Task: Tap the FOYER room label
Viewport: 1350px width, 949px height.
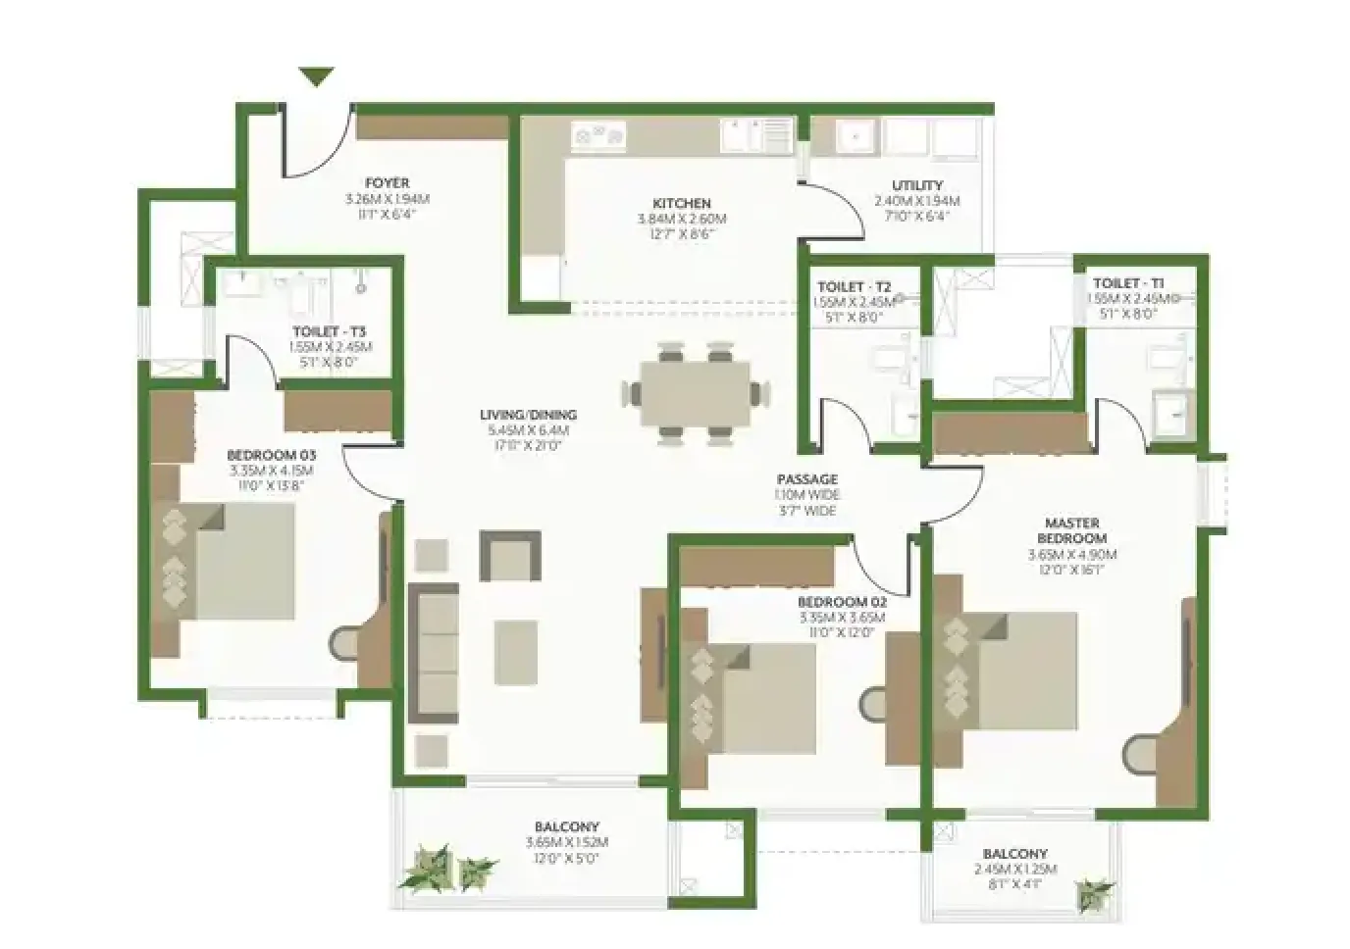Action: click(x=387, y=183)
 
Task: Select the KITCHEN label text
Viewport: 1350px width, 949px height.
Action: click(x=681, y=204)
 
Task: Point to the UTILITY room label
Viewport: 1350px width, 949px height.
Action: click(x=917, y=185)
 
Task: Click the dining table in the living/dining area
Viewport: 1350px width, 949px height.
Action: click(x=695, y=393)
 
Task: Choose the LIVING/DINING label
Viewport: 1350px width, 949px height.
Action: click(x=528, y=415)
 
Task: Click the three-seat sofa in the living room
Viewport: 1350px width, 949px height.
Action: click(x=433, y=654)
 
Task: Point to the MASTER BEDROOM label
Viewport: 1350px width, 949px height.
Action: click(x=1071, y=530)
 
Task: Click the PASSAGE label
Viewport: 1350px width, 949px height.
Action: click(x=806, y=479)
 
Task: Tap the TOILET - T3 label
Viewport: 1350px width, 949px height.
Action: click(x=329, y=331)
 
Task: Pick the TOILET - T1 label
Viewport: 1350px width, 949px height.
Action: click(x=1128, y=283)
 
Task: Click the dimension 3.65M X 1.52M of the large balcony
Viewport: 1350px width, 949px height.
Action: click(x=567, y=842)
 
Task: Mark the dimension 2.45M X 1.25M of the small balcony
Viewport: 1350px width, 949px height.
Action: click(x=1014, y=870)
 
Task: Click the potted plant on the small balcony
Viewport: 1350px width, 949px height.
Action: click(x=1094, y=894)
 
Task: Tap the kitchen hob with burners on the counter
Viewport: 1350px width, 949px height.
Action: click(x=599, y=137)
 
